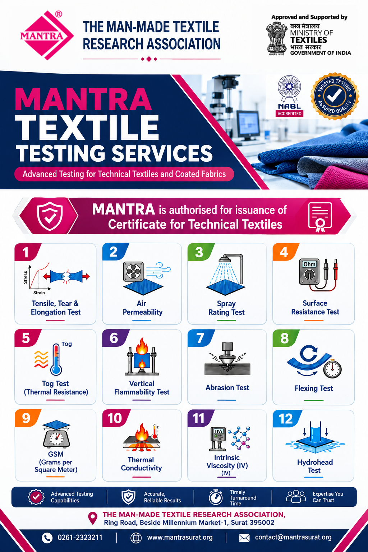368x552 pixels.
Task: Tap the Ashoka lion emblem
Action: (x=276, y=38)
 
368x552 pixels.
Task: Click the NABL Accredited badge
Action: (x=289, y=96)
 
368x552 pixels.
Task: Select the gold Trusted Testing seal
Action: (x=335, y=96)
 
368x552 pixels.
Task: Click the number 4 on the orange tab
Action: (x=284, y=252)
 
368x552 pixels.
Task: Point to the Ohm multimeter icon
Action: (x=318, y=275)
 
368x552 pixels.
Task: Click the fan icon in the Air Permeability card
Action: (x=133, y=271)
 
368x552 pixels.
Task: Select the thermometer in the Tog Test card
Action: (x=56, y=359)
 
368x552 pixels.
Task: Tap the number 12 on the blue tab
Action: (x=286, y=419)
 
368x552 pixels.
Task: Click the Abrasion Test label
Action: (x=227, y=388)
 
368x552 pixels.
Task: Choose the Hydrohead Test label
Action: (x=315, y=466)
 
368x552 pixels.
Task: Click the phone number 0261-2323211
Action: (x=80, y=538)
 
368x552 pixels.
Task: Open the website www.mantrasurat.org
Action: (x=180, y=538)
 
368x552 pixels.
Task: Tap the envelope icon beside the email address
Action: (x=244, y=538)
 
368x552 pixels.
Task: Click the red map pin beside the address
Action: (x=93, y=518)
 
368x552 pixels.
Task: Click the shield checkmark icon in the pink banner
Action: (x=50, y=216)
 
